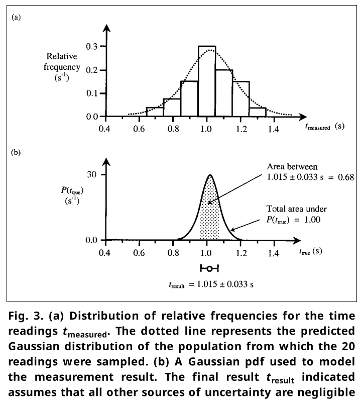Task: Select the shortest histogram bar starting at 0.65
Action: pos(155,112)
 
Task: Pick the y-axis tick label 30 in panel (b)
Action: pos(91,174)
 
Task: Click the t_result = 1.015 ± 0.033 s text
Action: pos(210,284)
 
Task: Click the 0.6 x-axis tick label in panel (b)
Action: pos(139,252)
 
